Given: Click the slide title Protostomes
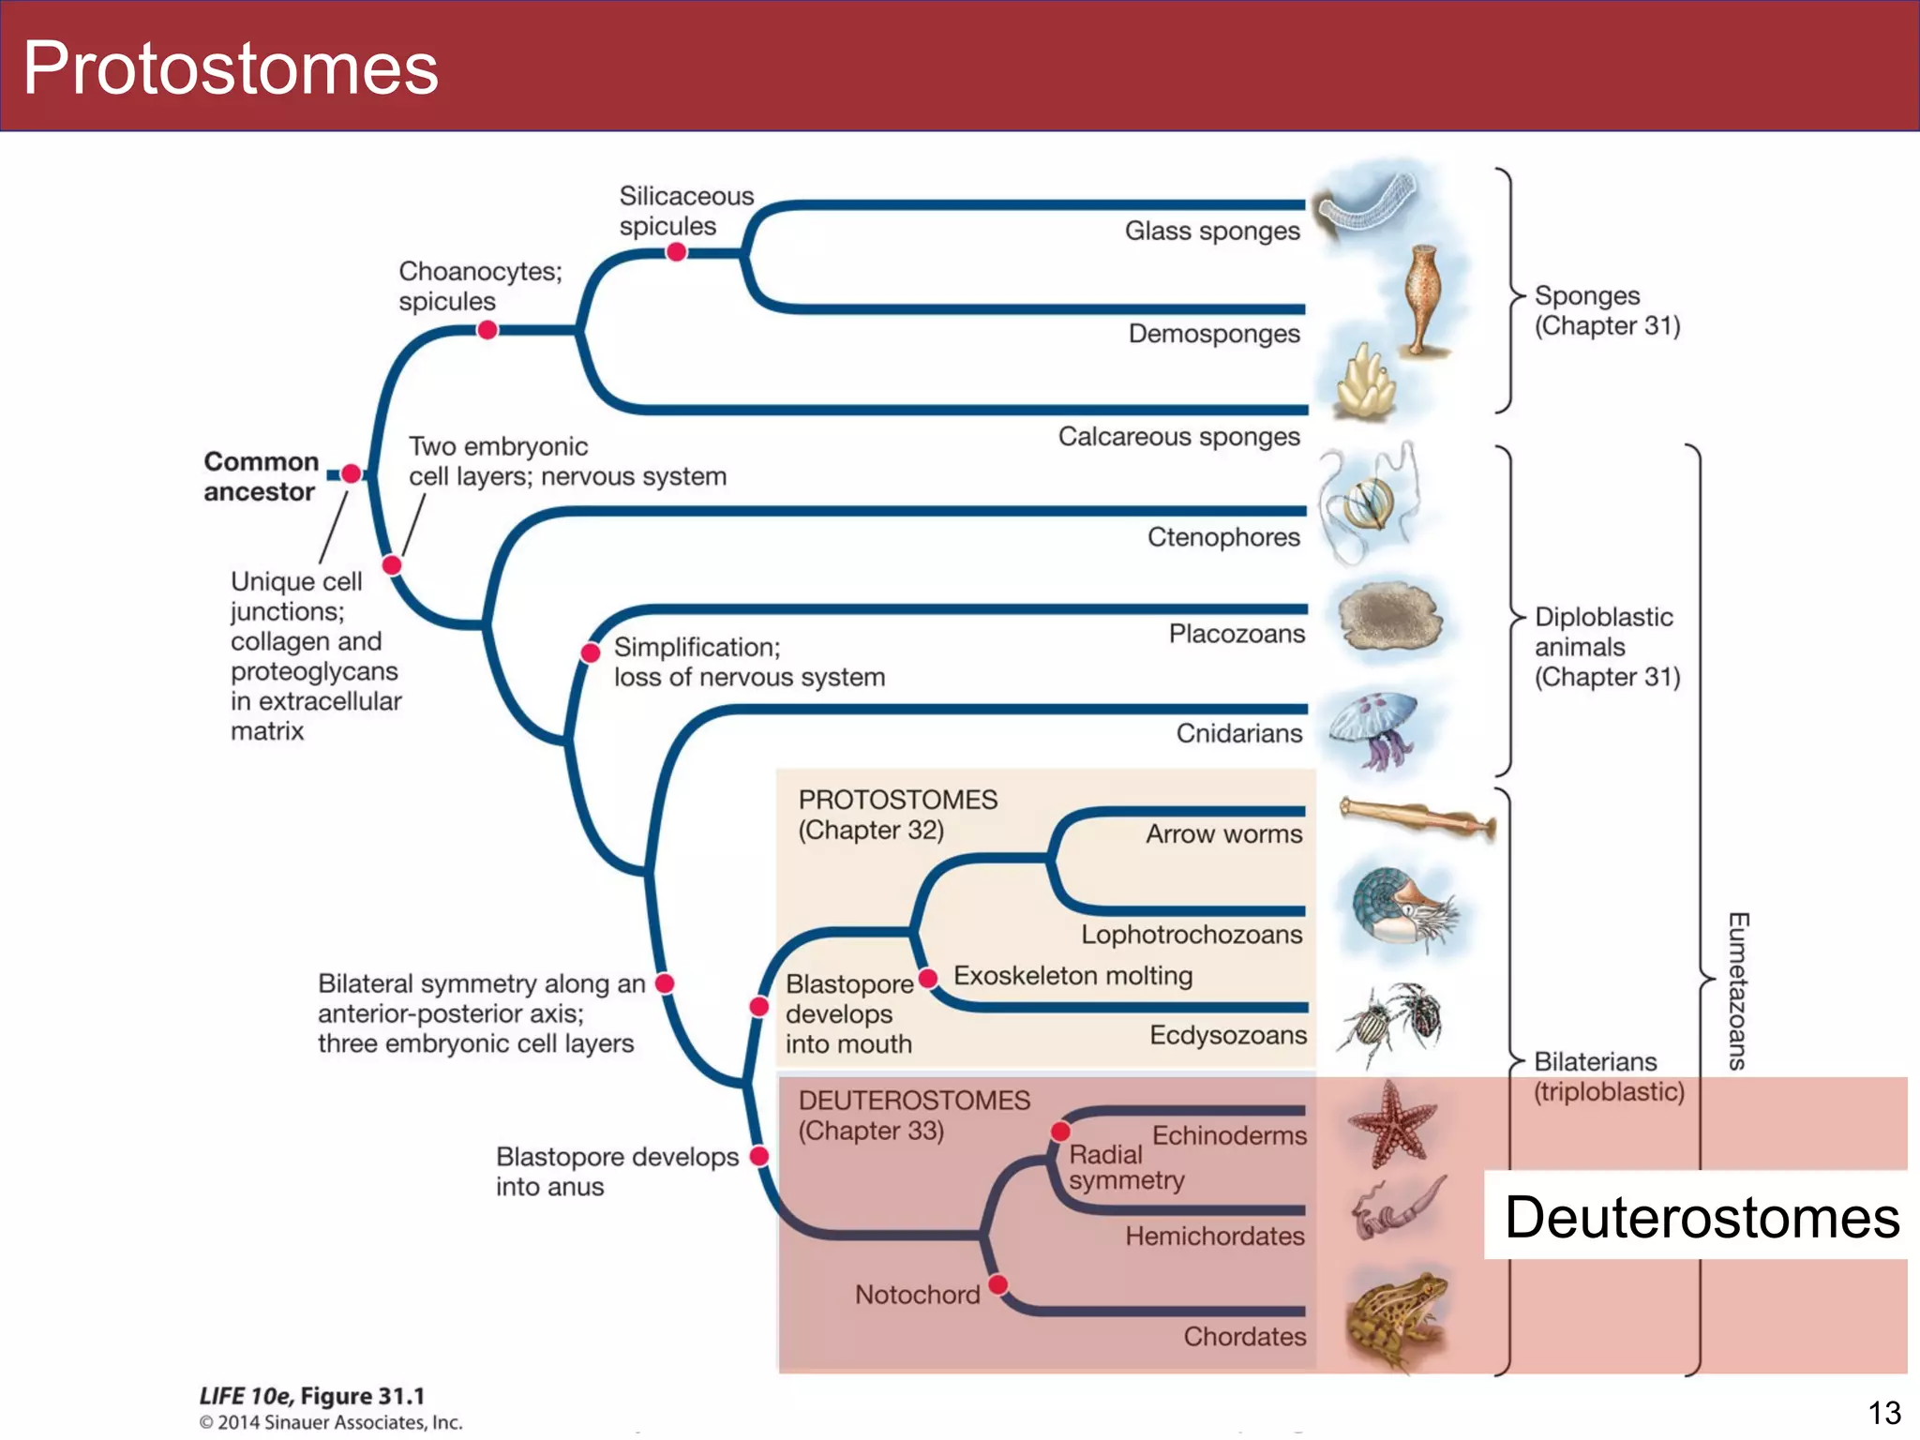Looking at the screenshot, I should [231, 67].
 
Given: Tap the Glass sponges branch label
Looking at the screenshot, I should [1211, 231].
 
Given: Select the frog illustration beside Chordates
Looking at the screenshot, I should [1395, 1318].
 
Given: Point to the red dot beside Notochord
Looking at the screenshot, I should [998, 1283].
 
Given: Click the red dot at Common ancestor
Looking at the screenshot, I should [351, 473].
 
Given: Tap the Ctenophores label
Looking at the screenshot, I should [1222, 537].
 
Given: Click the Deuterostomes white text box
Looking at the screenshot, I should [1700, 1217].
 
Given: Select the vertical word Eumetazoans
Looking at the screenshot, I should [1737, 991].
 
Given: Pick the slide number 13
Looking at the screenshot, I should [1883, 1412].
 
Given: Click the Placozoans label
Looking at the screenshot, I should [1236, 635].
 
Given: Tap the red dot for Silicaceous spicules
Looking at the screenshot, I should [676, 252].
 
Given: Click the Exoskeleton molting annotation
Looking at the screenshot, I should [1072, 976].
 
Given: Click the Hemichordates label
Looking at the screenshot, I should [1214, 1237].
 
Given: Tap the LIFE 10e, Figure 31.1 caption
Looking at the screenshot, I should [312, 1396].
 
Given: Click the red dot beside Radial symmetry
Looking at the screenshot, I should [1060, 1132].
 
